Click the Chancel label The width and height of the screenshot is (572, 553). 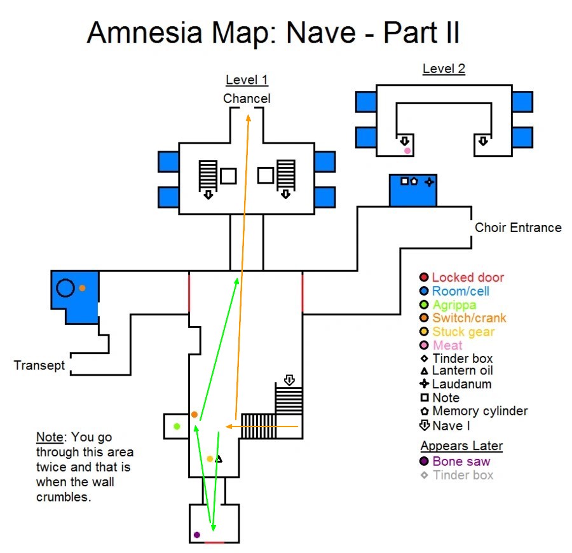(247, 99)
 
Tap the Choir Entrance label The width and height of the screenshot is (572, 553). (518, 228)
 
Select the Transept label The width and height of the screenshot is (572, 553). (39, 365)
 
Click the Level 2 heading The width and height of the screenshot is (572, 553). (444, 69)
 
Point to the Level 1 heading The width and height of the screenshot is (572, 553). (247, 80)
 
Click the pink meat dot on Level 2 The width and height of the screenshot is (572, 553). (407, 151)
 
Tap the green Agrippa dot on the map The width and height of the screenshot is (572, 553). (177, 426)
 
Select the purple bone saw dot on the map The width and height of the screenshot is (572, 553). (197, 535)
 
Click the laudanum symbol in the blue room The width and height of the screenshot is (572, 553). (429, 182)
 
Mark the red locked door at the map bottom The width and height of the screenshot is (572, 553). (214, 543)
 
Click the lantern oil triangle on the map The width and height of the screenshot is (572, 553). (219, 459)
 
